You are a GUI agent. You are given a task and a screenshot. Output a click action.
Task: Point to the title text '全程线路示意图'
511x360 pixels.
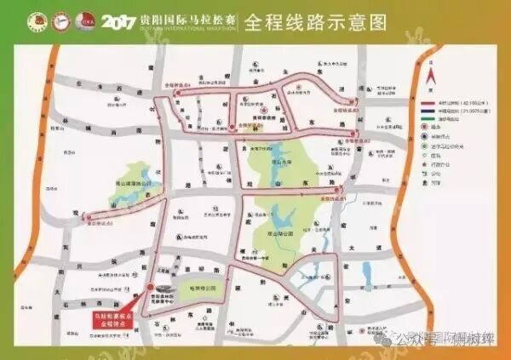point(301,20)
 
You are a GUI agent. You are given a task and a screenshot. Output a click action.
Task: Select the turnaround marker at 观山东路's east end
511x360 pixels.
point(339,189)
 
